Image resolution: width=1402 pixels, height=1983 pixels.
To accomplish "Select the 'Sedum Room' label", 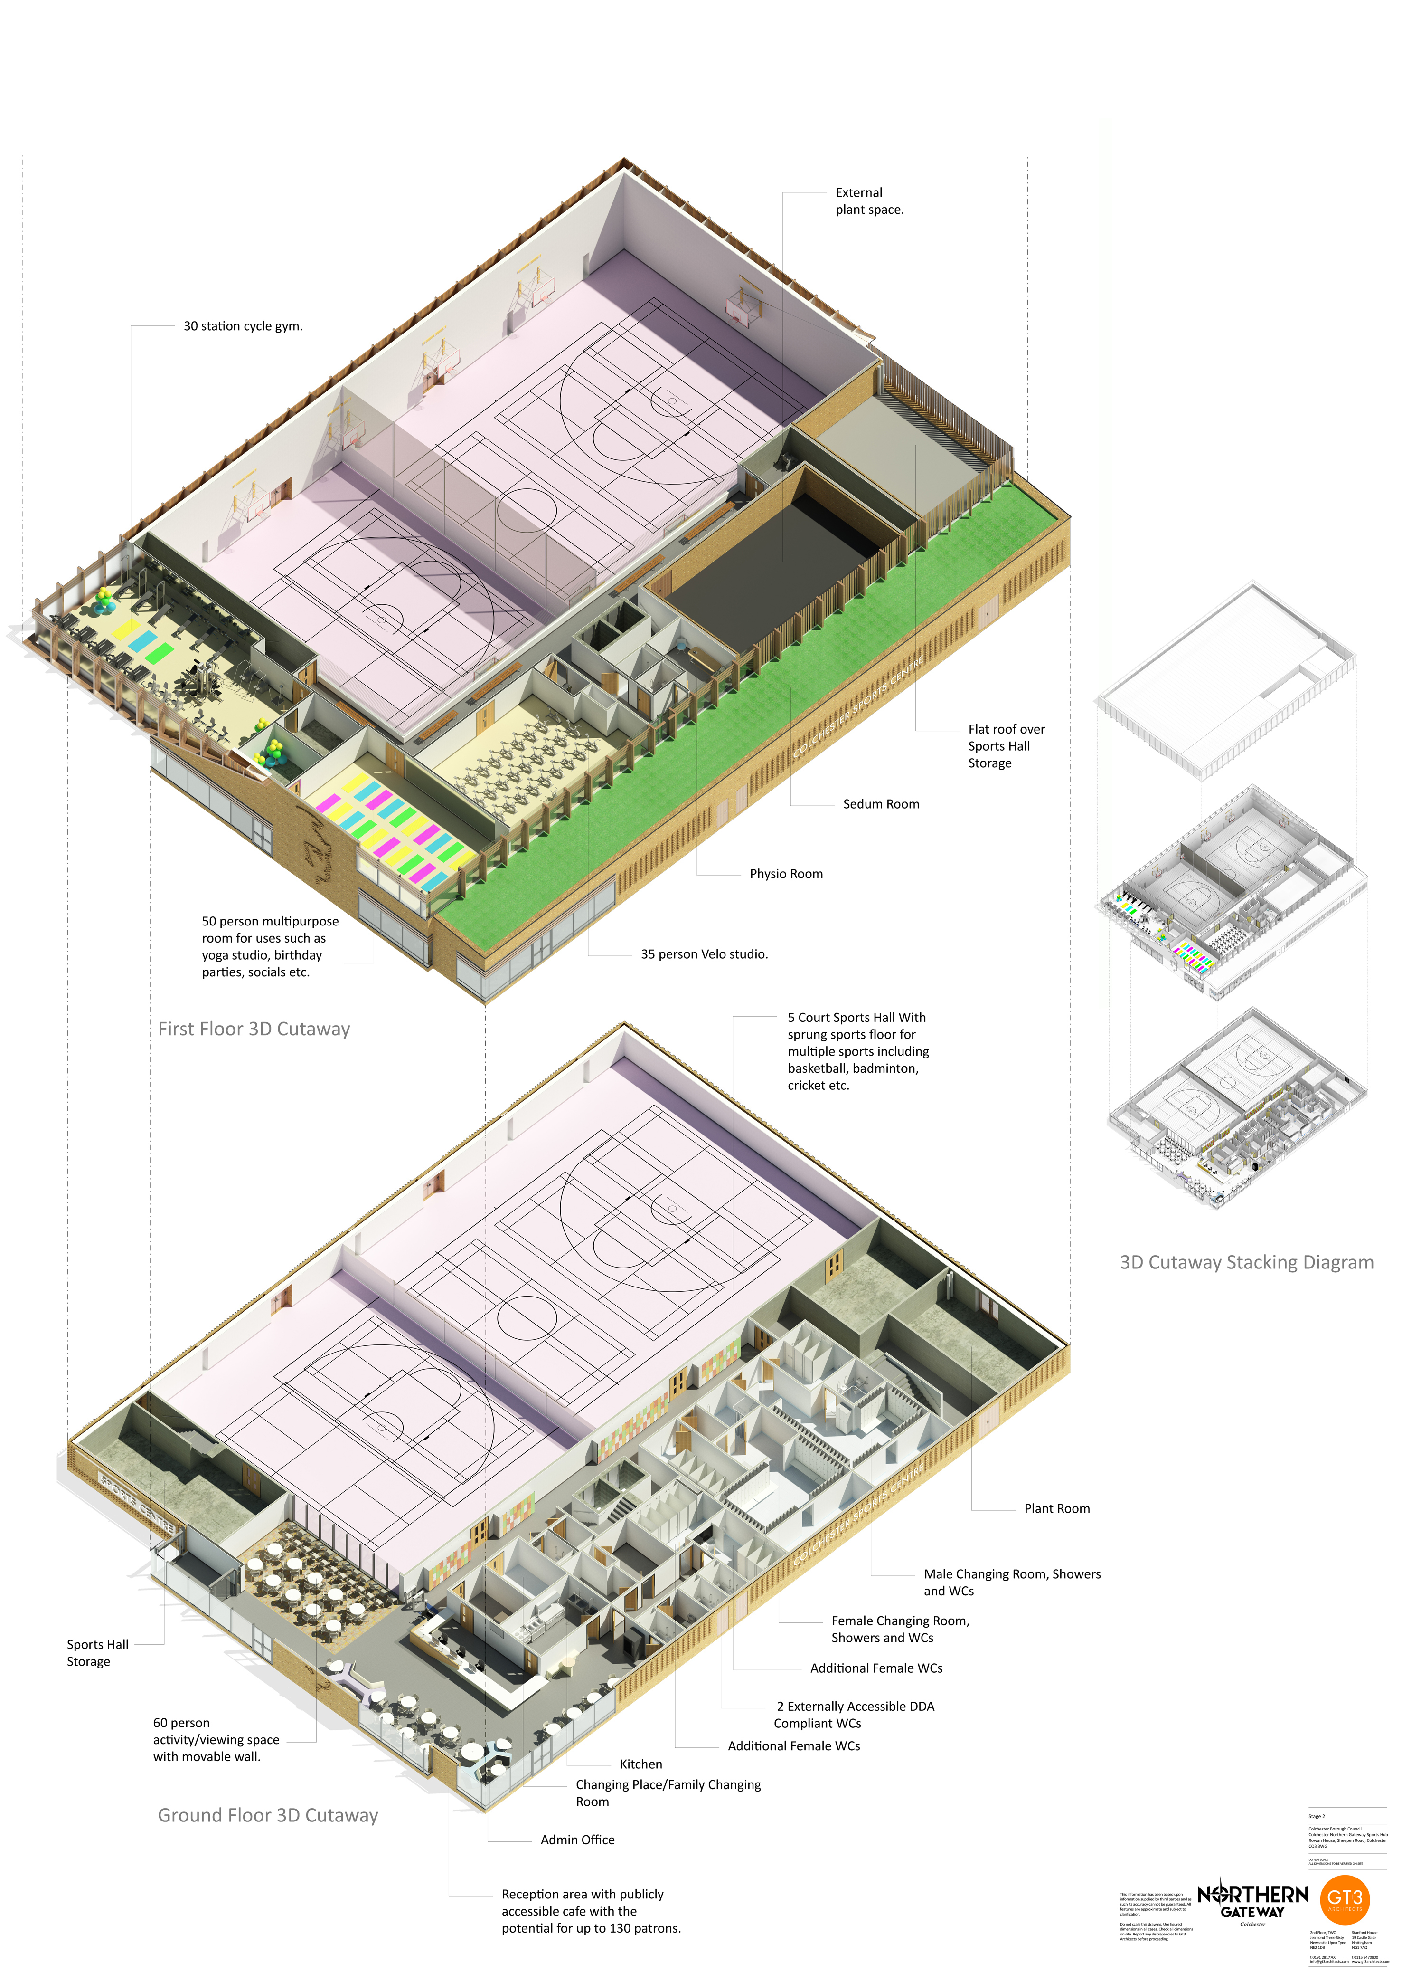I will tap(881, 804).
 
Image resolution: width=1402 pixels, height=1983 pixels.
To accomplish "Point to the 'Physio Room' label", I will tap(786, 874).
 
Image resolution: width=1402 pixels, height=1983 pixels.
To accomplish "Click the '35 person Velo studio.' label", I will tap(704, 954).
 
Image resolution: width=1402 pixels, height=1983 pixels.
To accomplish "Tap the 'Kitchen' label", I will tap(640, 1764).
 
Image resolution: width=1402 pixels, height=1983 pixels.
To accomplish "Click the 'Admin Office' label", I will tap(577, 1840).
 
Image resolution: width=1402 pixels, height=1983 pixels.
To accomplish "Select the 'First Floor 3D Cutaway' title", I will tap(254, 1030).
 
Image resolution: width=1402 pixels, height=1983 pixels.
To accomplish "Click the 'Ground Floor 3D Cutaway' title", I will tap(268, 1815).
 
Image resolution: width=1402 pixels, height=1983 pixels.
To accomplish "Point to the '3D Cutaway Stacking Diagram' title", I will tap(1246, 1263).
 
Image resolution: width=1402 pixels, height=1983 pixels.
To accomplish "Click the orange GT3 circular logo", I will tap(1344, 1900).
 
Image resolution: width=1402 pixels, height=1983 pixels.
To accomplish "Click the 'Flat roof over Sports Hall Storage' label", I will tap(1005, 746).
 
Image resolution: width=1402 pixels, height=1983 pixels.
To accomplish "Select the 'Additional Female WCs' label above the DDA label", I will tap(875, 1668).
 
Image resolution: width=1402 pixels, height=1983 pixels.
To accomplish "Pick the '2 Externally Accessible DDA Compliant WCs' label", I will tap(854, 1715).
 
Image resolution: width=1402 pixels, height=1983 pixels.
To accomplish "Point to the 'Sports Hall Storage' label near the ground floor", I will tap(97, 1653).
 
